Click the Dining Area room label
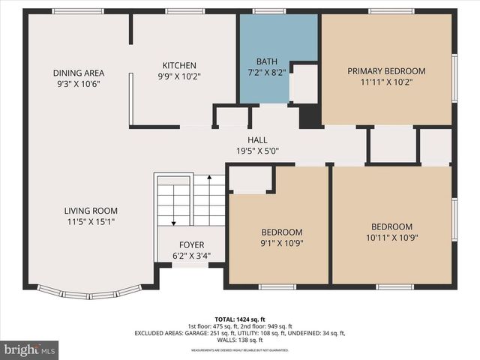(x=78, y=73)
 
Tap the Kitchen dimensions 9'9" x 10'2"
(x=180, y=76)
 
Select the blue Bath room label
(x=266, y=61)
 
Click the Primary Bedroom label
(x=386, y=71)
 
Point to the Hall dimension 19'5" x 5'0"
(x=257, y=150)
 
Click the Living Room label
(x=90, y=211)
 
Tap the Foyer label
(x=191, y=245)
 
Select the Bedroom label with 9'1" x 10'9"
(x=281, y=232)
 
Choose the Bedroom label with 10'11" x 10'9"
(x=391, y=226)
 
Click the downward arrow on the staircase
(x=173, y=220)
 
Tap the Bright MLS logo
(x=29, y=349)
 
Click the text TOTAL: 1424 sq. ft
(x=240, y=318)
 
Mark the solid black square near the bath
(x=310, y=117)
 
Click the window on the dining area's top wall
(x=78, y=11)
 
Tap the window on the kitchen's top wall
(x=184, y=11)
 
